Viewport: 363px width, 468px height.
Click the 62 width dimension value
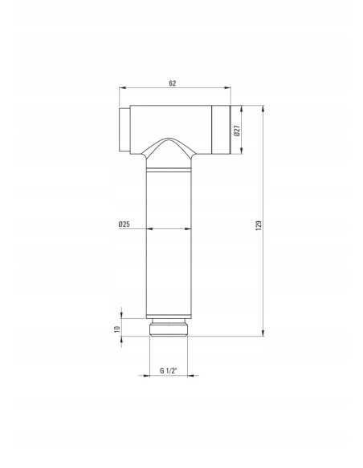click(173, 83)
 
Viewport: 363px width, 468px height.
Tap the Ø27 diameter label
click(237, 131)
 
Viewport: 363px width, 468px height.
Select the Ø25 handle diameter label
click(124, 224)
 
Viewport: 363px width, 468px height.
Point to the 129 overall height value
click(259, 224)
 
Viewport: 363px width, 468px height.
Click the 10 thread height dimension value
click(117, 329)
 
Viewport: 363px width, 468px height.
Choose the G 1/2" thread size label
click(169, 371)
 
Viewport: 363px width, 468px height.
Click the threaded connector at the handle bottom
click(169, 328)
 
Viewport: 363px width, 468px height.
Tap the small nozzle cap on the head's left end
click(124, 130)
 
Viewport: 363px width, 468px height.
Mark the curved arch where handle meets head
click(169, 147)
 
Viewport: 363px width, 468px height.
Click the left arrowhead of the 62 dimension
click(122, 88)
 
